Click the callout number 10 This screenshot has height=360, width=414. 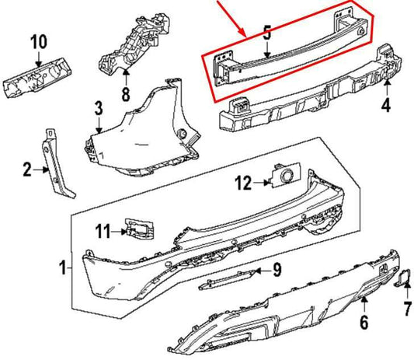coord(39,40)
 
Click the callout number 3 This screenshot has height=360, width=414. coord(99,107)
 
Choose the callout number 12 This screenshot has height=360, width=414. coord(243,183)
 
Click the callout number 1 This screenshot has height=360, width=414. coord(63,269)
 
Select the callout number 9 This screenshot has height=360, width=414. coord(276,270)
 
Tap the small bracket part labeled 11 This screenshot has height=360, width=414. coord(137,228)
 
